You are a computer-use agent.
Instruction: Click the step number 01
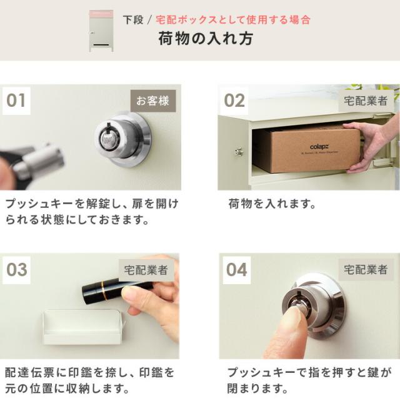[x=16, y=101]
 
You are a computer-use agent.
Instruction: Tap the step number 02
[x=234, y=101]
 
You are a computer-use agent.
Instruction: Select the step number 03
[x=17, y=270]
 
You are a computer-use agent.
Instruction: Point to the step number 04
[x=236, y=270]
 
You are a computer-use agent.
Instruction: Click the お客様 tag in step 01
[x=153, y=101]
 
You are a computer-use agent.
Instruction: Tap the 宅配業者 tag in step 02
[x=366, y=101]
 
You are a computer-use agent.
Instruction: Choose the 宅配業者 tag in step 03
[x=146, y=270]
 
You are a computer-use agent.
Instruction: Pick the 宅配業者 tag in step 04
[x=366, y=270]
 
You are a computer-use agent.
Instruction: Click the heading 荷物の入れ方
[x=206, y=39]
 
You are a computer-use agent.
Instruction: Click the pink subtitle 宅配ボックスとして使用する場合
[x=233, y=20]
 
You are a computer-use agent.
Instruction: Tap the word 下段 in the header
[x=133, y=20]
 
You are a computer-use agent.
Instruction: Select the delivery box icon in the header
[x=101, y=31]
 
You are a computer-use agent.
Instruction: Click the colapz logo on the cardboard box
[x=319, y=147]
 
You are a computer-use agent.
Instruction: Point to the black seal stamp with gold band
[x=112, y=292]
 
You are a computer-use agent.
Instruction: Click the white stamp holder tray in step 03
[x=83, y=327]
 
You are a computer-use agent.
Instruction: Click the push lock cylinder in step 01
[x=122, y=140]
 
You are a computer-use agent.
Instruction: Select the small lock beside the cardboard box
[x=239, y=152]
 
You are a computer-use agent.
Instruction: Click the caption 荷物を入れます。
[x=272, y=204]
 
